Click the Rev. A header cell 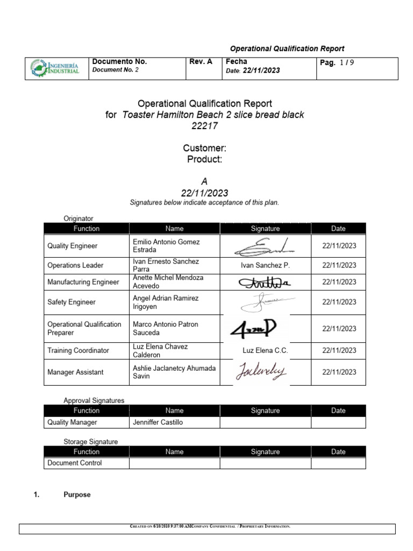pos(201,62)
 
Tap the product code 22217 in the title pos(205,126)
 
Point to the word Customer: pos(204,148)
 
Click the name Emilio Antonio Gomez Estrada pos(166,246)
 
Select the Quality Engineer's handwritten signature pos(265,246)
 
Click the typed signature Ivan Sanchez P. pos(265,265)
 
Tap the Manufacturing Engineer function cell pos(83,282)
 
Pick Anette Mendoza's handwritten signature pos(264,282)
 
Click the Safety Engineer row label pos(72,302)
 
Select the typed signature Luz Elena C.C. pos(265,350)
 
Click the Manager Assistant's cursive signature pos(261,372)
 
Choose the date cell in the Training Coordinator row pos(339,350)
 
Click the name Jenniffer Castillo pos(158,422)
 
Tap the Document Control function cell pos(74,463)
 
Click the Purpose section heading pos(77,495)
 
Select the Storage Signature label pos(90,442)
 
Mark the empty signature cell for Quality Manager pos(265,422)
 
